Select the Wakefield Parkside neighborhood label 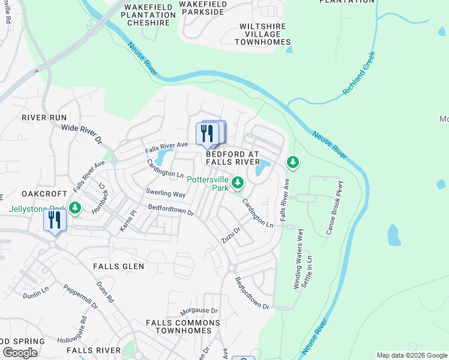pyautogui.click(x=203, y=8)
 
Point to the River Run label pyautogui.click(x=44, y=118)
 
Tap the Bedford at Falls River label pyautogui.click(x=233, y=158)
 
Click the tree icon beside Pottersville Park pyautogui.click(x=238, y=182)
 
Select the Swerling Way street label pyautogui.click(x=166, y=194)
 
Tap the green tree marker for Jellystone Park pyautogui.click(x=75, y=208)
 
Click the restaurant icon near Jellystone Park pyautogui.click(x=54, y=220)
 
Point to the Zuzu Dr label pyautogui.click(x=230, y=234)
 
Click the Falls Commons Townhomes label pyautogui.click(x=179, y=326)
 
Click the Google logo pyautogui.click(x=20, y=353)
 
